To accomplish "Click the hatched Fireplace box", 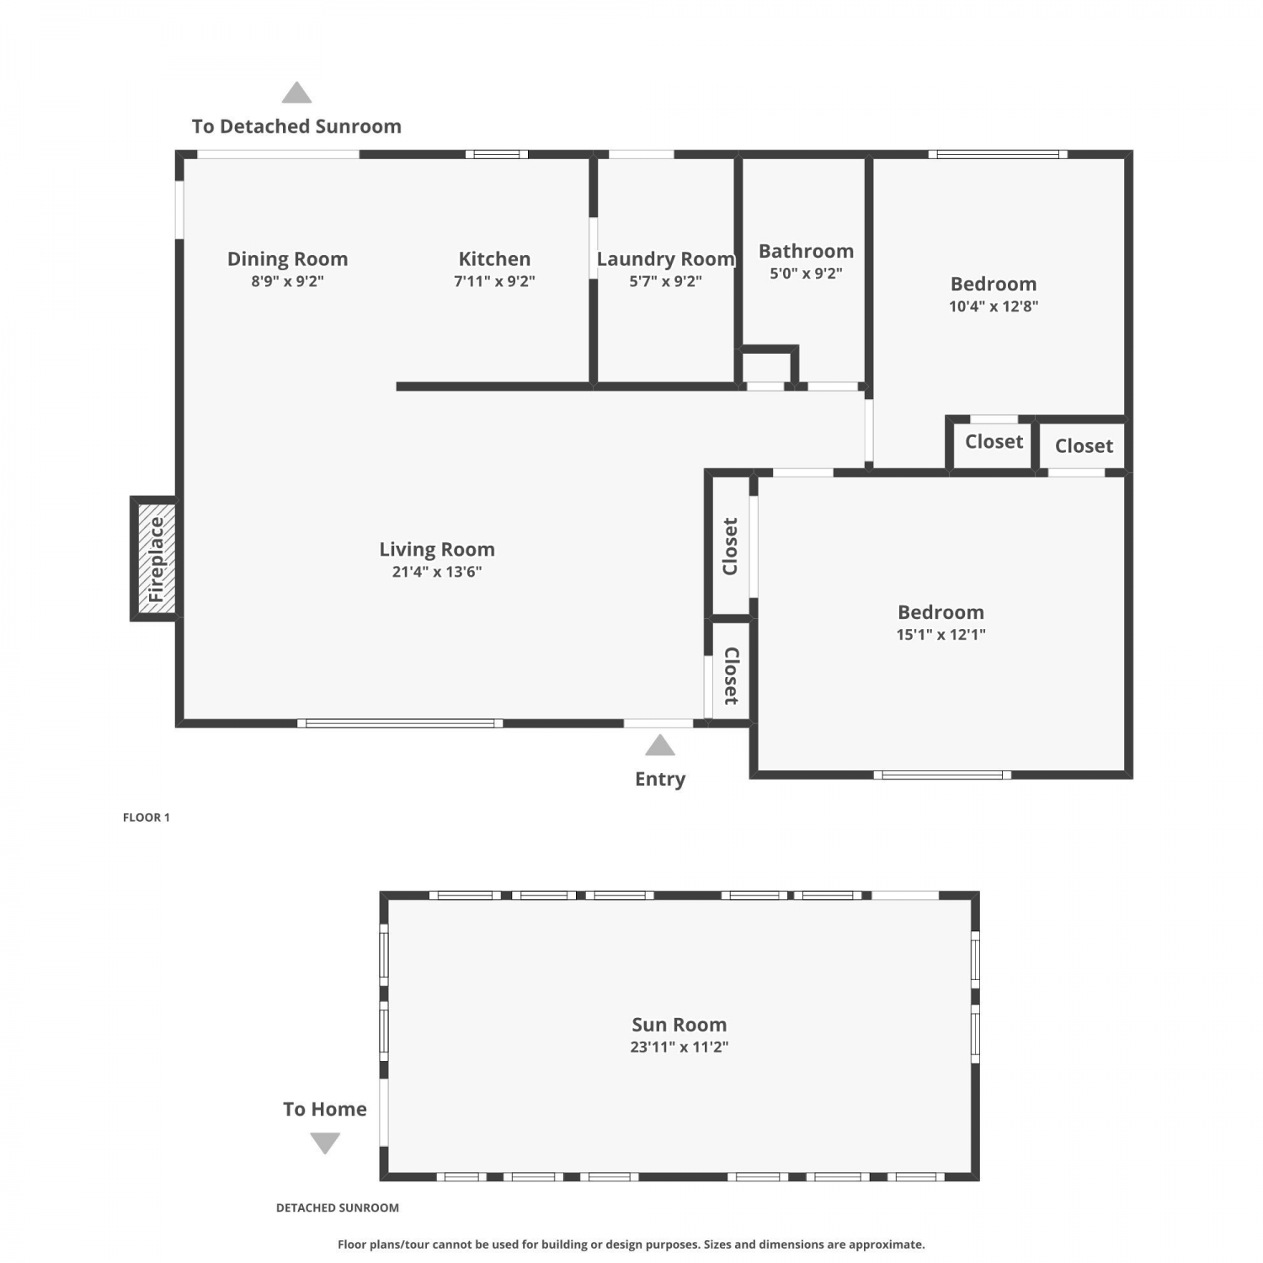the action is click(156, 559).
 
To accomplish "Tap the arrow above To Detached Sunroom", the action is click(296, 93).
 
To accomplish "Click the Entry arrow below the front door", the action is click(660, 745).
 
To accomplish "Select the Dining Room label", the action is click(287, 259).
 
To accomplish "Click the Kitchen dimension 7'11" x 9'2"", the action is click(494, 281).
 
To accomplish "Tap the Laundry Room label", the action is click(665, 259).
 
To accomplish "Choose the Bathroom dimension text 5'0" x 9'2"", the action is click(806, 274).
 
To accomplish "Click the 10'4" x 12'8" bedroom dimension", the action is click(994, 306).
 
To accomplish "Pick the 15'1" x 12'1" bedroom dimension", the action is click(941, 635).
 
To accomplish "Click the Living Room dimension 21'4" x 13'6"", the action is click(437, 572).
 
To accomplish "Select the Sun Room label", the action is click(679, 1025).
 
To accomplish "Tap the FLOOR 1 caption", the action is click(147, 818).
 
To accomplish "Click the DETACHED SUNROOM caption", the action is click(338, 1207).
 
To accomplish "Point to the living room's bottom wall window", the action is click(400, 723).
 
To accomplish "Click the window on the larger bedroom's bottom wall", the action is click(942, 775).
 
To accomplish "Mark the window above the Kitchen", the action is click(497, 154).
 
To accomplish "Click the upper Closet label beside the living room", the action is click(730, 546).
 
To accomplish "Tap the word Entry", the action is click(660, 779).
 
